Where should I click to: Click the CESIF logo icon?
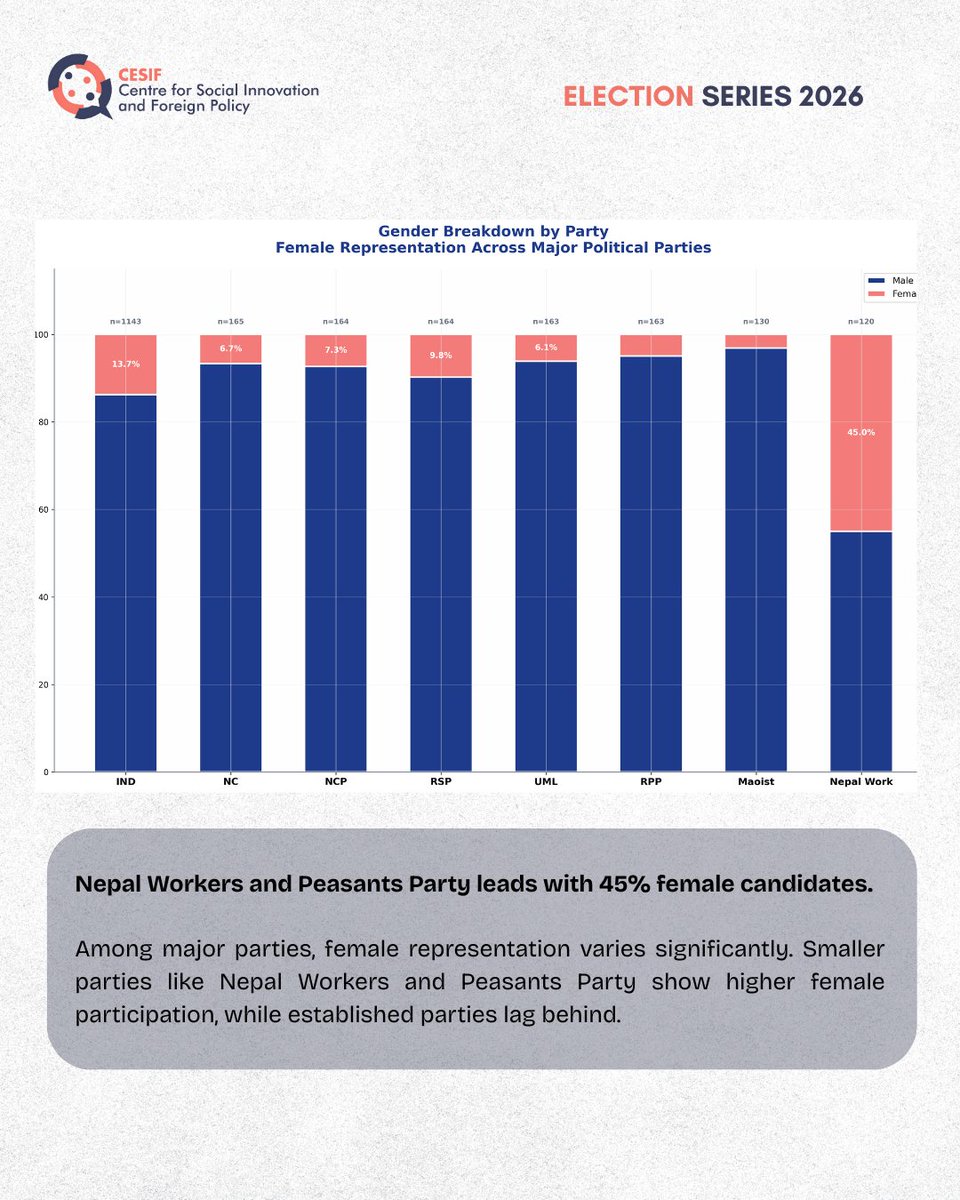pyautogui.click(x=79, y=87)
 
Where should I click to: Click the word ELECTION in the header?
pyautogui.click(x=628, y=96)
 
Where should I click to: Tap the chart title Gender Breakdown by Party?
pyautogui.click(x=493, y=231)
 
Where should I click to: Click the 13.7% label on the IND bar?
pyautogui.click(x=126, y=364)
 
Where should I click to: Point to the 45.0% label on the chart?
pyautogui.click(x=861, y=433)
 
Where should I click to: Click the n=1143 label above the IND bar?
pyautogui.click(x=126, y=321)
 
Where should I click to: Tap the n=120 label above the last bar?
pyautogui.click(x=861, y=321)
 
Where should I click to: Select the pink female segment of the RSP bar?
pyautogui.click(x=441, y=355)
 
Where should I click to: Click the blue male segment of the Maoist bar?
pyautogui.click(x=756, y=560)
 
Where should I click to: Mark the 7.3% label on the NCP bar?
pyautogui.click(x=336, y=350)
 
